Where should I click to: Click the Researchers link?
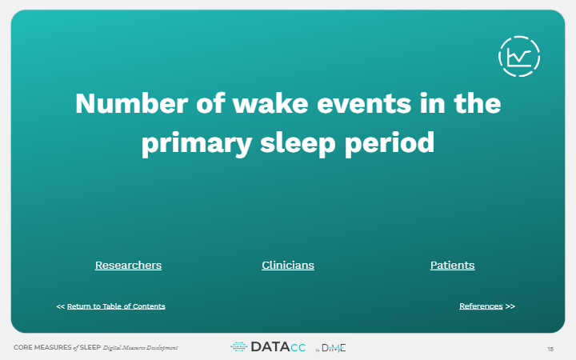(x=128, y=266)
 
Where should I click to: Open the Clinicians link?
(x=288, y=266)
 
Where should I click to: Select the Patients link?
(x=452, y=266)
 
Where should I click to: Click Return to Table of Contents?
(x=116, y=306)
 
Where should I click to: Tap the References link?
(x=481, y=306)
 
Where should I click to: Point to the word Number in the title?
(x=132, y=103)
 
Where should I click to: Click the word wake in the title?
(x=270, y=103)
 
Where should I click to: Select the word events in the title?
(x=364, y=104)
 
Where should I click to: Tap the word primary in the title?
(x=197, y=143)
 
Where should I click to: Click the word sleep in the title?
(x=298, y=143)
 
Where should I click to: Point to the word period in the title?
(x=390, y=143)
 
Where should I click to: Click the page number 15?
(x=550, y=350)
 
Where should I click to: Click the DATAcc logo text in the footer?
(x=278, y=347)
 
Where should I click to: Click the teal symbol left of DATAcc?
(x=238, y=346)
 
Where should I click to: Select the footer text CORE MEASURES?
(x=42, y=347)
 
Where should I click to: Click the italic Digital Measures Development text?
(x=140, y=347)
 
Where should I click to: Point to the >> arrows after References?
(x=510, y=306)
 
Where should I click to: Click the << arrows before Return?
(x=61, y=306)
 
